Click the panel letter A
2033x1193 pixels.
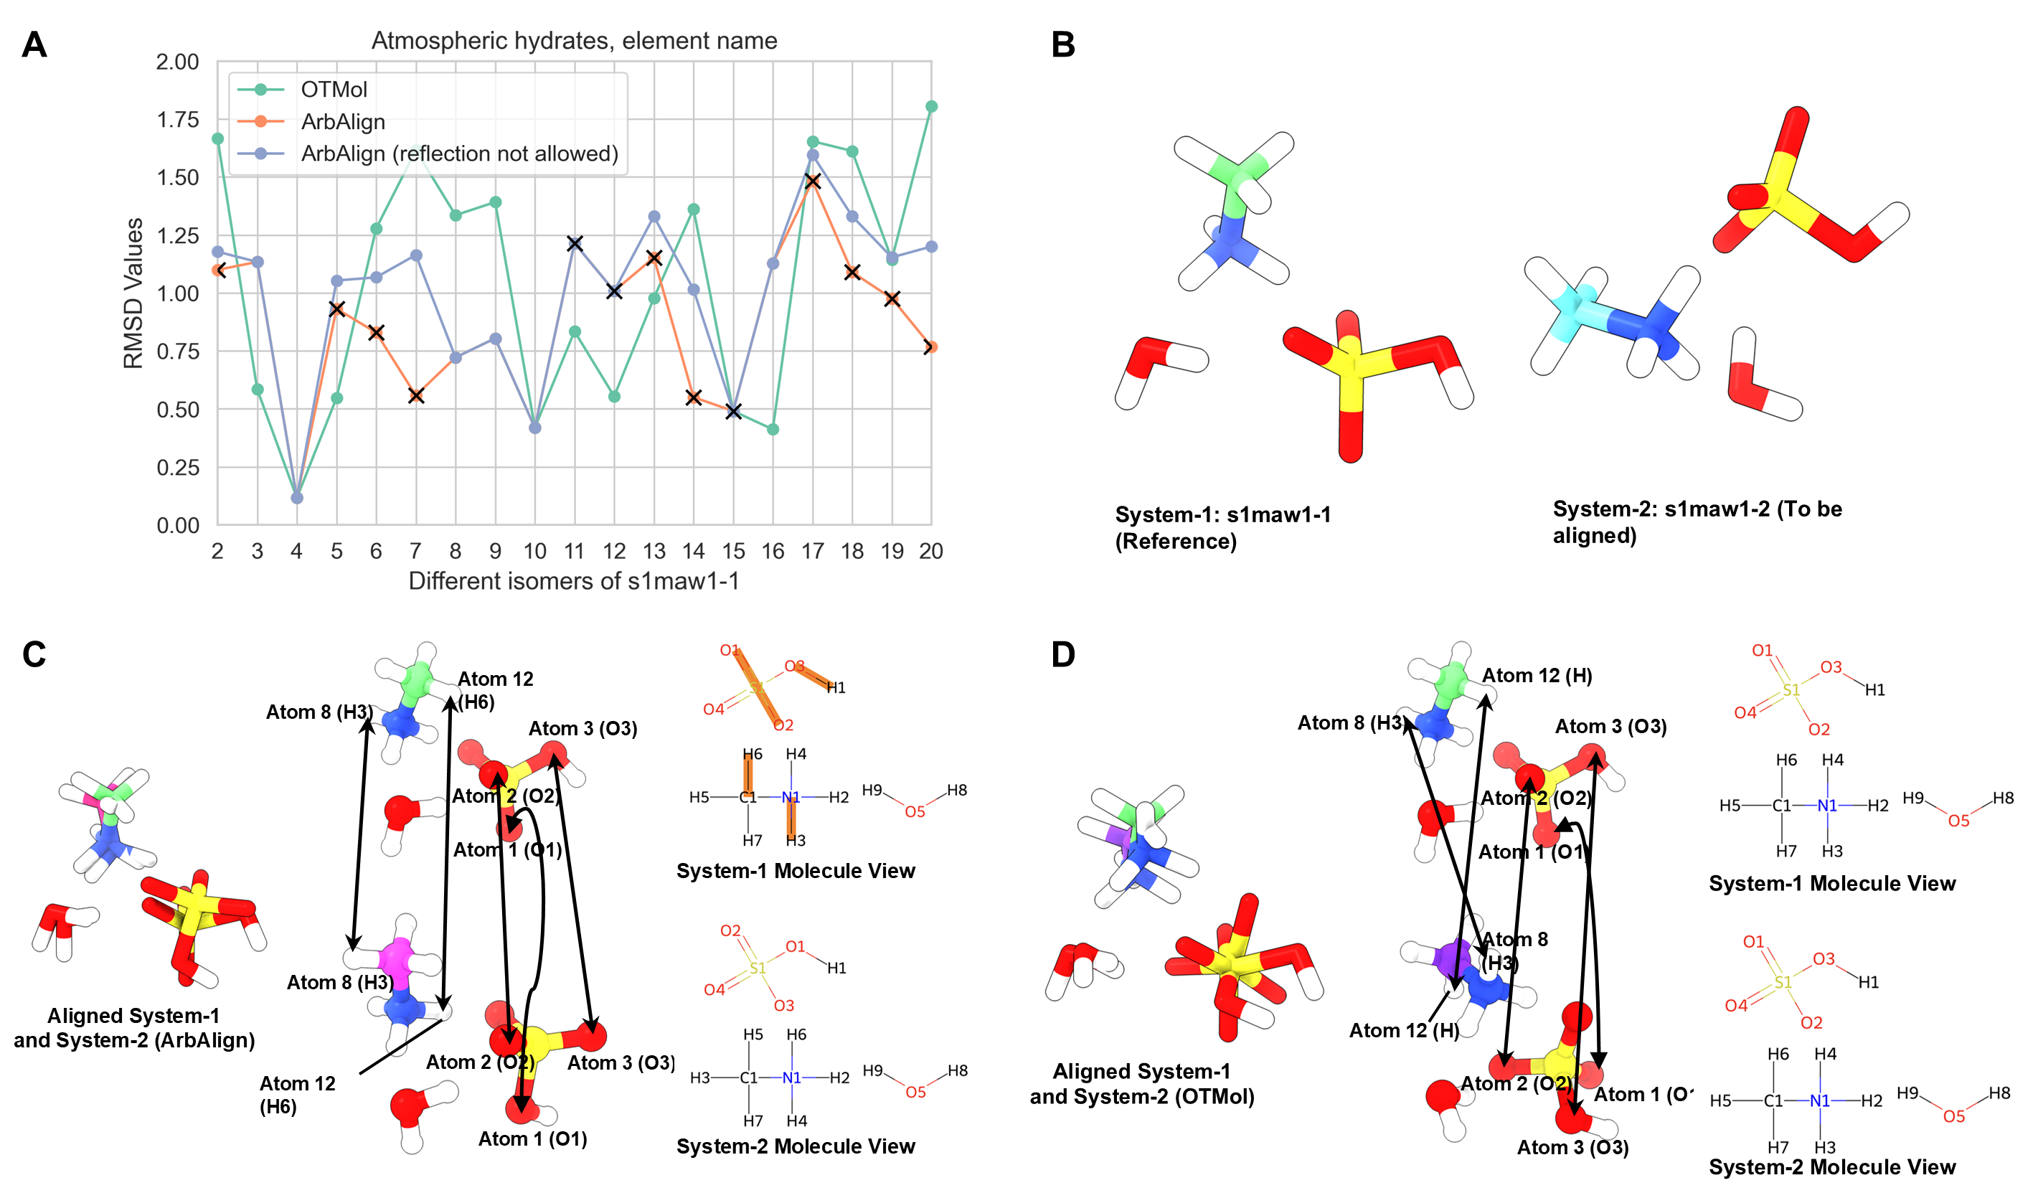[x=34, y=45]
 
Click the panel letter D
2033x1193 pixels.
[x=1063, y=654]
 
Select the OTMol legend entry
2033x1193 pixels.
[x=333, y=90]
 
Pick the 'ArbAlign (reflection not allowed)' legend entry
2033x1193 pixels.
[x=459, y=154]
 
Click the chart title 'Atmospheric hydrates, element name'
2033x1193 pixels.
[x=574, y=40]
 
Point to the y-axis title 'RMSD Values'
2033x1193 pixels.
[x=133, y=293]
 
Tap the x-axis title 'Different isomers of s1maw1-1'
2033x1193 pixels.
[x=574, y=581]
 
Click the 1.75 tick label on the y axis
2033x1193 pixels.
[x=177, y=121]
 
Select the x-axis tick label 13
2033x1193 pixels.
[x=654, y=551]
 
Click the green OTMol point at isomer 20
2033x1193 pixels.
[x=931, y=106]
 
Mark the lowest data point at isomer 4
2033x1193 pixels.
[x=297, y=498]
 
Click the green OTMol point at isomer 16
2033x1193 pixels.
[x=773, y=429]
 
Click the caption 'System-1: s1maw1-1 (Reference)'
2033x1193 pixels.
[x=1222, y=527]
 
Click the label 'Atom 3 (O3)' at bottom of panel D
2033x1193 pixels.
[x=1572, y=1147]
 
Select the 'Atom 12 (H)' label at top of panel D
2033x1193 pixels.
[x=1537, y=676]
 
